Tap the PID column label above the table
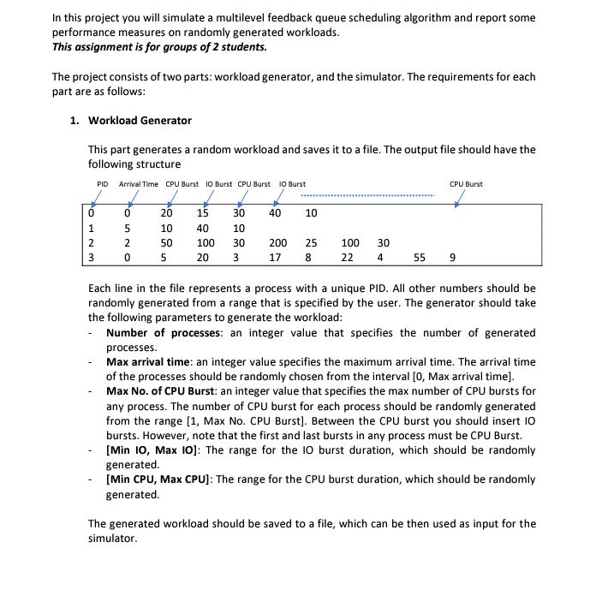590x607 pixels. point(102,184)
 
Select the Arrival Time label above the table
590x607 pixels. point(138,184)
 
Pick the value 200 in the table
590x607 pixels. point(278,243)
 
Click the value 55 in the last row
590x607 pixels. point(419,258)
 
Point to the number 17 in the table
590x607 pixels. point(275,258)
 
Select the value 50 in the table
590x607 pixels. point(167,243)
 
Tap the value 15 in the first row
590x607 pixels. point(203,213)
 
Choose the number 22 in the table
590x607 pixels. point(347,258)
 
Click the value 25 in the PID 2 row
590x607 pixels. point(312,243)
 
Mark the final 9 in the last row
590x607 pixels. point(452,258)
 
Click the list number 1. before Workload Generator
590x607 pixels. point(75,121)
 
